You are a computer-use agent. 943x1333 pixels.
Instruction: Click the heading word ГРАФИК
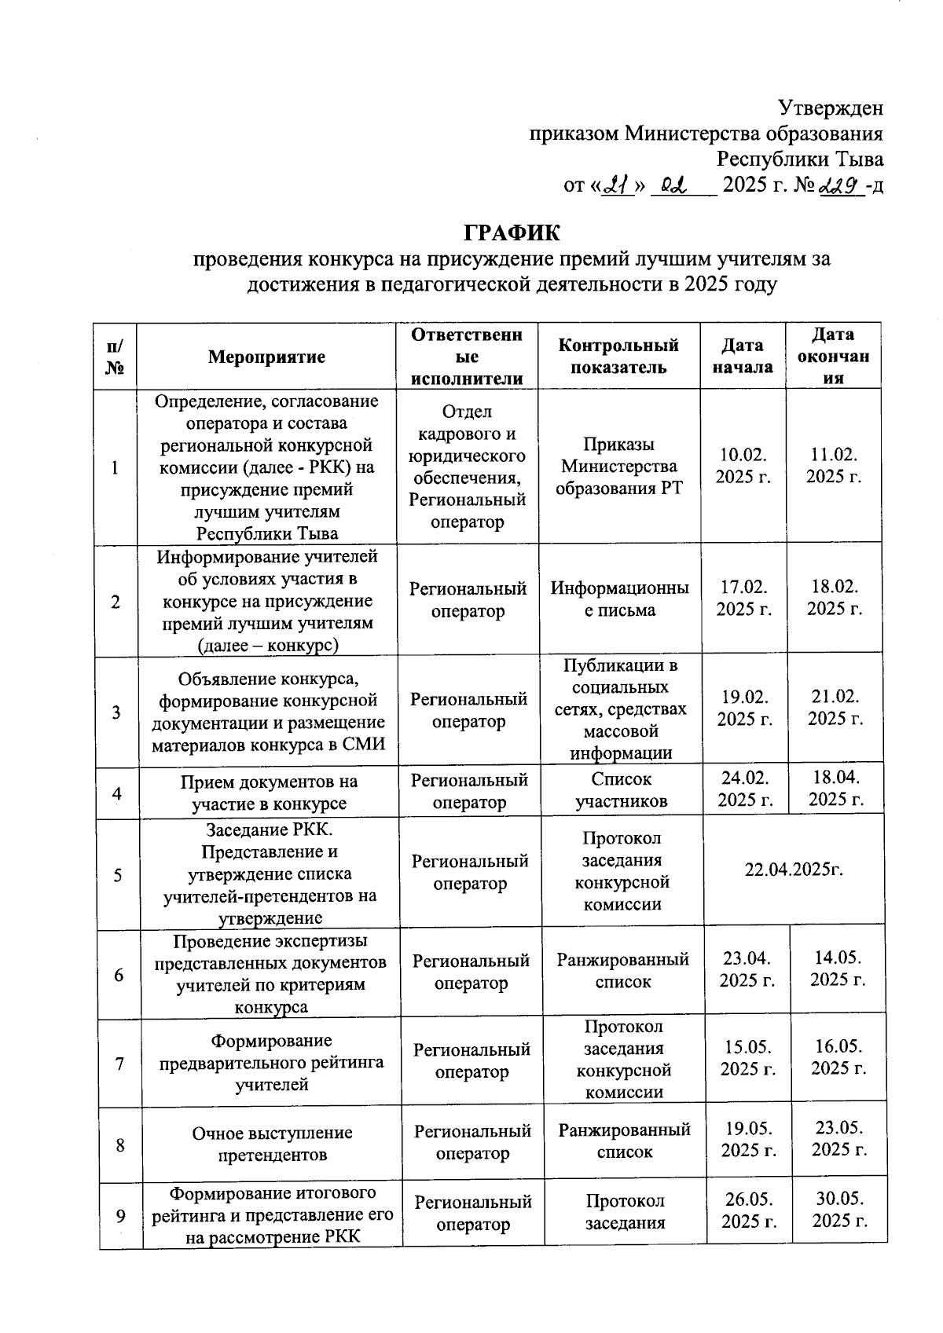(x=512, y=233)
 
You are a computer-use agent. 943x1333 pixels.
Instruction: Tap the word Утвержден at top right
(x=831, y=107)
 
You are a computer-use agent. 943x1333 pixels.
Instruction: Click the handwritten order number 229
(x=839, y=185)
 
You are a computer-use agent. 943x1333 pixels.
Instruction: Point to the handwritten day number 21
(x=617, y=186)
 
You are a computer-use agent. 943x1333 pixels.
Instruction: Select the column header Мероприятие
(x=266, y=357)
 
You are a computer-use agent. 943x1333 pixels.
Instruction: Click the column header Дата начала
(x=742, y=356)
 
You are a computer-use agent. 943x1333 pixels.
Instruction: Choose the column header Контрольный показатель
(x=618, y=356)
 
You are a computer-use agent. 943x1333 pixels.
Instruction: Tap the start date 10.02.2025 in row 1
(x=743, y=466)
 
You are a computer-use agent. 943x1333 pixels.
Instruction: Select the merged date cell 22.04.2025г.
(x=794, y=870)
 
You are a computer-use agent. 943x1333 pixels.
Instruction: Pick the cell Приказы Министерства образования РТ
(x=618, y=466)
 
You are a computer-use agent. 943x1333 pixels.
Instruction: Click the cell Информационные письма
(x=619, y=599)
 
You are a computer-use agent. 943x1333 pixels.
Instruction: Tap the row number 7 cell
(x=119, y=1064)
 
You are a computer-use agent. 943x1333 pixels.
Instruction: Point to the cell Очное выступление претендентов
(x=272, y=1144)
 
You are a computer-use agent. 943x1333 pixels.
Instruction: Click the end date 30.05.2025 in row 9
(x=839, y=1210)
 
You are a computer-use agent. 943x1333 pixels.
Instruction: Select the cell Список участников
(x=621, y=790)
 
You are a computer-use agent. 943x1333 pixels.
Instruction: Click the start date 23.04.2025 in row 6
(x=747, y=969)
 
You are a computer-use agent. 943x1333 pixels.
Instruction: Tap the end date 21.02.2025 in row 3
(x=835, y=707)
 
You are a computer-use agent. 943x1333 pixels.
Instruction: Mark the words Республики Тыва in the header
(x=800, y=159)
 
